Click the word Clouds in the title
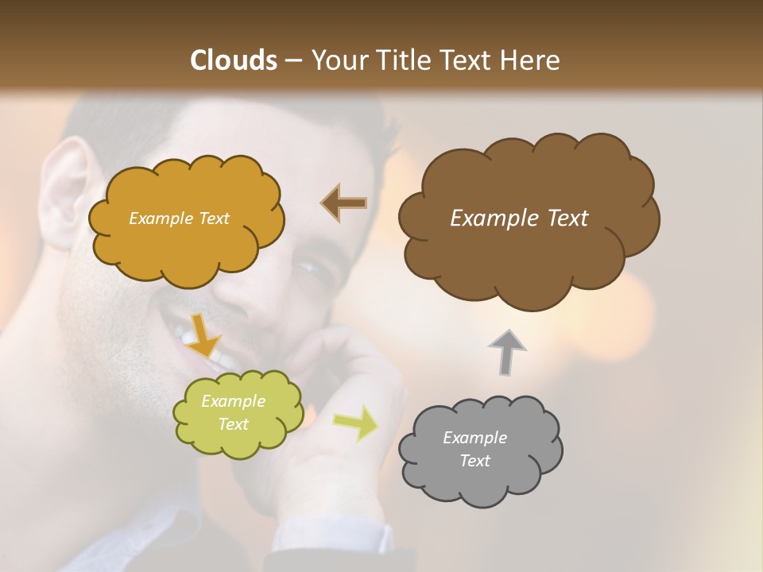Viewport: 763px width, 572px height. coord(234,60)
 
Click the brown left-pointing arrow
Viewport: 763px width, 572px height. coord(344,203)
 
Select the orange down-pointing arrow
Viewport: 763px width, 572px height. coord(203,334)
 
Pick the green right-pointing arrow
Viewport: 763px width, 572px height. coord(356,422)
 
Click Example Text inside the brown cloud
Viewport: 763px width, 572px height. coord(519,218)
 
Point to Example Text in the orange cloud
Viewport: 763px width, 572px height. coord(179,218)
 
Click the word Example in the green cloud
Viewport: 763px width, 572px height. coord(233,402)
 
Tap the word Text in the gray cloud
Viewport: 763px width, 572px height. coord(474,461)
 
